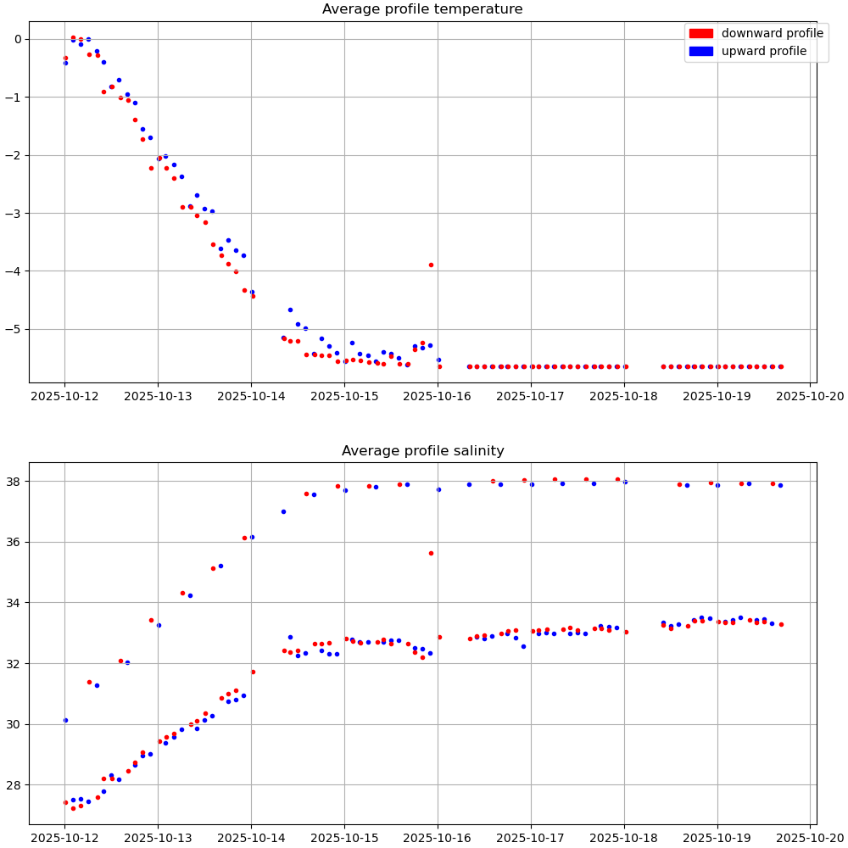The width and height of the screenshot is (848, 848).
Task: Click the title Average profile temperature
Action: pyautogui.click(x=422, y=9)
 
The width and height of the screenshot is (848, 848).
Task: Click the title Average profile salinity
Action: pyautogui.click(x=422, y=451)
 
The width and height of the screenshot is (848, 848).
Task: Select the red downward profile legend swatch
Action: pyautogui.click(x=700, y=34)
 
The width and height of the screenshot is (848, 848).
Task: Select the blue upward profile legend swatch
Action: pyautogui.click(x=700, y=52)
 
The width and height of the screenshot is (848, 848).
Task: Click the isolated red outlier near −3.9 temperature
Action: pyautogui.click(x=431, y=265)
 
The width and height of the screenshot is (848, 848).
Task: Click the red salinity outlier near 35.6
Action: pyautogui.click(x=431, y=553)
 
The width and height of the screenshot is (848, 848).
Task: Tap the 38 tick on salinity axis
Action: pyautogui.click(x=15, y=481)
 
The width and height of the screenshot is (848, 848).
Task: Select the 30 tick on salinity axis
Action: pyautogui.click(x=15, y=724)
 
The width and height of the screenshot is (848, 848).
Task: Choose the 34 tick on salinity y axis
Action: pyautogui.click(x=15, y=603)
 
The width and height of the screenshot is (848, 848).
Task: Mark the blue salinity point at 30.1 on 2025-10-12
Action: pyautogui.click(x=65, y=720)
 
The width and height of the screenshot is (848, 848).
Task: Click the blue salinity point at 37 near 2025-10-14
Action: pyautogui.click(x=283, y=511)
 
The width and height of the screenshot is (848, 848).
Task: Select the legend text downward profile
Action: pyautogui.click(x=772, y=34)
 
